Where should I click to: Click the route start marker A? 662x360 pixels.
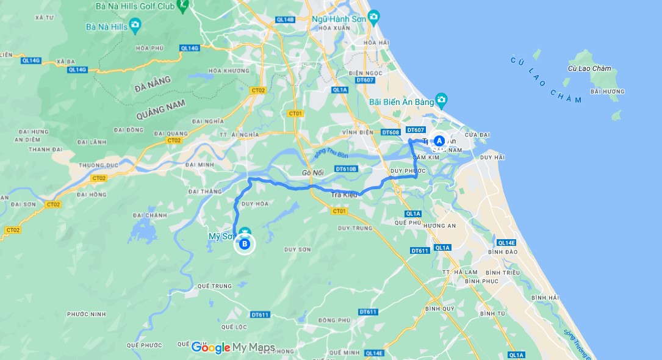439,140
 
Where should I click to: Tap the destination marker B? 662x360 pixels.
245,244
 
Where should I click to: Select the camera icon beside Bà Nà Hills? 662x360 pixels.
135,26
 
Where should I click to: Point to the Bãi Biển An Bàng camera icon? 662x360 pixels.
441,99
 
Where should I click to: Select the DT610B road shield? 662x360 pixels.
346,168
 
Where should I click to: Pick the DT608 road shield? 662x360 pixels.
390,132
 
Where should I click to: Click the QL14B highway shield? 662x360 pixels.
285,20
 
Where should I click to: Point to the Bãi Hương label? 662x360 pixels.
608,92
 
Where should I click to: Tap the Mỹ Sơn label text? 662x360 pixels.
220,236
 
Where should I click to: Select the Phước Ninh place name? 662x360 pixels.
86,314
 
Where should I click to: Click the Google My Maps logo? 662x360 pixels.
233,348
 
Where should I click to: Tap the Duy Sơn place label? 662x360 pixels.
297,250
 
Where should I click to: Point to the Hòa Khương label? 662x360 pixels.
223,70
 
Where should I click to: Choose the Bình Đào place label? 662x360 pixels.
503,251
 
